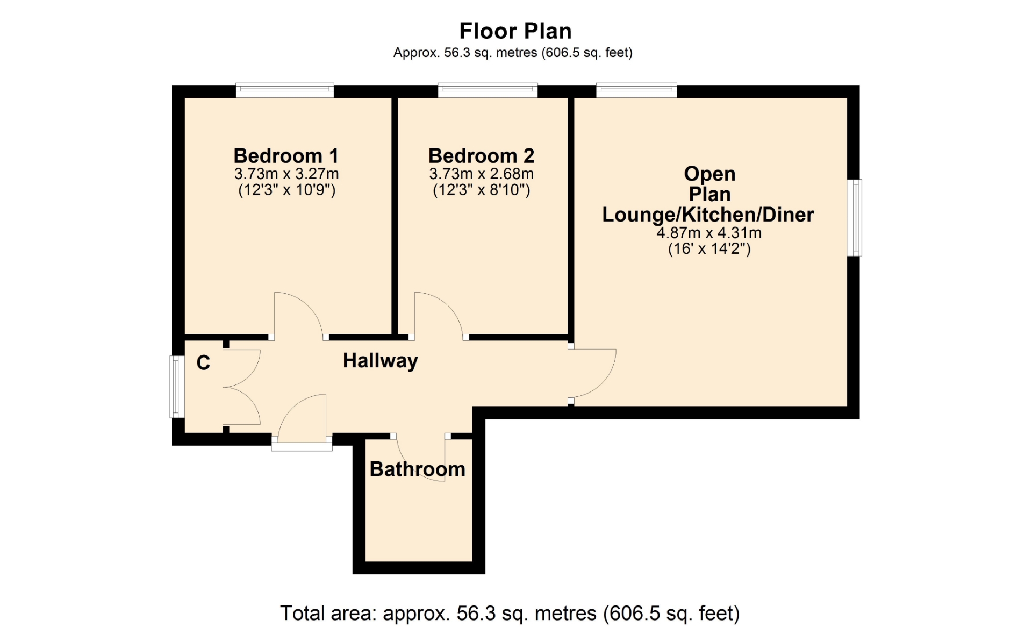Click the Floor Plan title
pos(515,31)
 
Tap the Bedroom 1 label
pos(286,156)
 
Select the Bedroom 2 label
pos(481,156)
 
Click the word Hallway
pos(381,361)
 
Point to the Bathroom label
pos(418,469)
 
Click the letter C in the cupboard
pos(203,363)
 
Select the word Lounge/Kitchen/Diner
pos(708,215)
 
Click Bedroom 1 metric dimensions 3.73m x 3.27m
pos(286,174)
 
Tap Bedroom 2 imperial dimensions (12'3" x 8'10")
pos(482,190)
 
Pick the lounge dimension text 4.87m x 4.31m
pos(709,233)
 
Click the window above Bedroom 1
pos(285,90)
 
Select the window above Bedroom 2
pos(488,90)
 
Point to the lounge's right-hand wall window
pos(855,218)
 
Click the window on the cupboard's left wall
pos(177,387)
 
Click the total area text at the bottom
pos(510,614)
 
